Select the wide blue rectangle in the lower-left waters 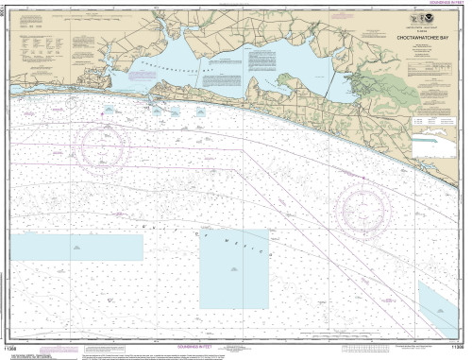pos(76,248)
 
